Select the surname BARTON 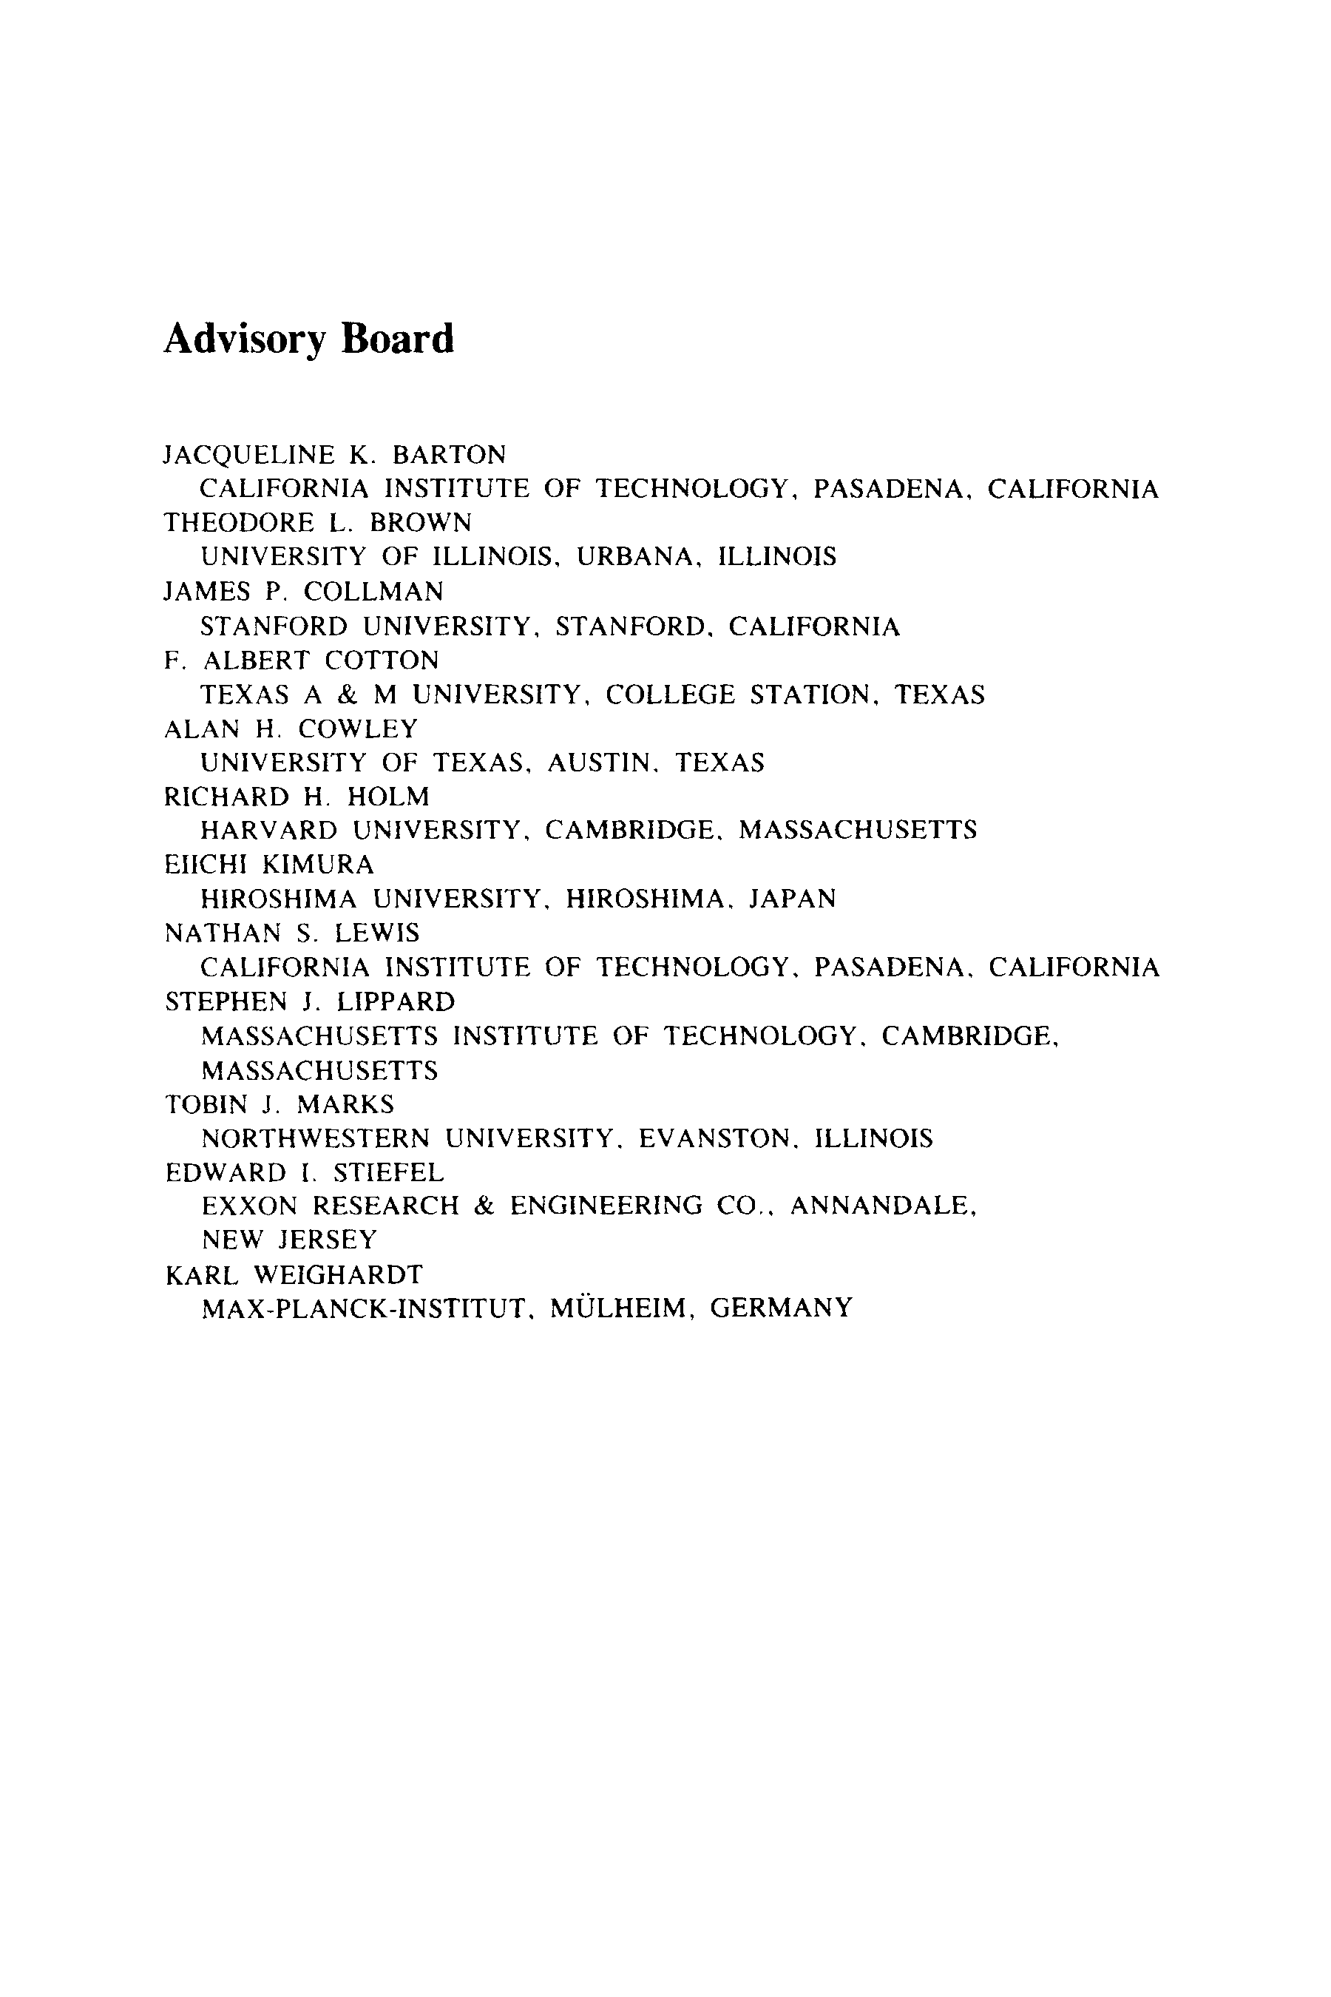[x=449, y=455]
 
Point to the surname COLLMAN [x=373, y=591]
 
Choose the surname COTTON [x=382, y=660]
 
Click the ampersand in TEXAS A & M [x=345, y=695]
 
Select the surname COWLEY [x=358, y=729]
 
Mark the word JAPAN [x=792, y=899]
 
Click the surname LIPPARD [x=396, y=1002]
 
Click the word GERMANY [x=781, y=1308]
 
